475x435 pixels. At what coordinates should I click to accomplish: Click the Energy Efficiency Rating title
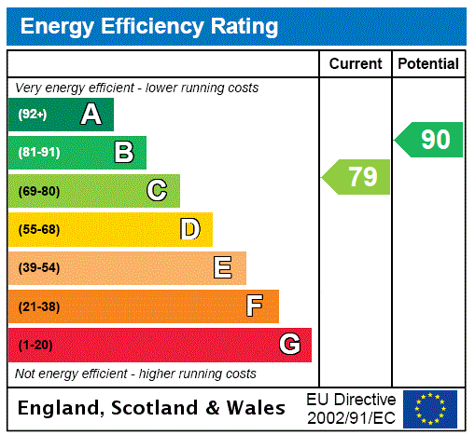pyautogui.click(x=149, y=27)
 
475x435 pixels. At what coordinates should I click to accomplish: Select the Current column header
pyautogui.click(x=356, y=64)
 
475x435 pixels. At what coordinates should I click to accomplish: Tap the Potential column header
pyautogui.click(x=428, y=64)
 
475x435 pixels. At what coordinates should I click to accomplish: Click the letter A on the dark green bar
pyautogui.click(x=91, y=115)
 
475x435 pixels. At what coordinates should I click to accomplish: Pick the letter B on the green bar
pyautogui.click(x=123, y=153)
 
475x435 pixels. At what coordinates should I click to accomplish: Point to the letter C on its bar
pyautogui.click(x=157, y=191)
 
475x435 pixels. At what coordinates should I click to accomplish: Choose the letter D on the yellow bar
pyautogui.click(x=189, y=229)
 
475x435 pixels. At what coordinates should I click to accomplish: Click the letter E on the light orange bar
pyautogui.click(x=223, y=268)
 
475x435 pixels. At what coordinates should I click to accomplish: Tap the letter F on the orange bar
pyautogui.click(x=255, y=306)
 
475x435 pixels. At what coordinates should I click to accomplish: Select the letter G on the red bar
pyautogui.click(x=289, y=345)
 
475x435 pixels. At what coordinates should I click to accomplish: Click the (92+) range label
pyautogui.click(x=33, y=116)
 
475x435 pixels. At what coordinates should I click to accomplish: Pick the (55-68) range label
pyautogui.click(x=38, y=230)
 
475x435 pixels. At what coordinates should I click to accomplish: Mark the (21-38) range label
pyautogui.click(x=38, y=306)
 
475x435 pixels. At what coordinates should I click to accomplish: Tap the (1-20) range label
pyautogui.click(x=35, y=346)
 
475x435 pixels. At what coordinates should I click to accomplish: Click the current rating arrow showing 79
pyautogui.click(x=356, y=177)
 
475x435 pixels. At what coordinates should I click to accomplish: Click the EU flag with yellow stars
pyautogui.click(x=430, y=408)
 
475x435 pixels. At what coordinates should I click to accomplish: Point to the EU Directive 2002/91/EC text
pyautogui.click(x=351, y=407)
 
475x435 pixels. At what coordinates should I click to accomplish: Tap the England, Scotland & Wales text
pyautogui.click(x=152, y=408)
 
